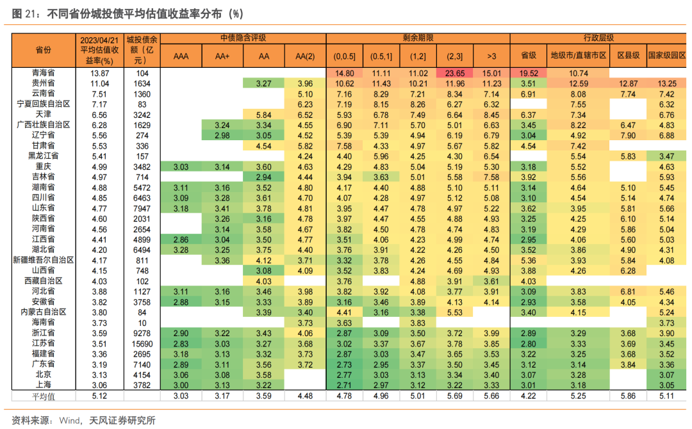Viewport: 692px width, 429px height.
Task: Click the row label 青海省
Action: (x=44, y=74)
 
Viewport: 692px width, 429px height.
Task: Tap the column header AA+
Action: (x=222, y=56)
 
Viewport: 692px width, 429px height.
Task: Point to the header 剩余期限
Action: (x=416, y=38)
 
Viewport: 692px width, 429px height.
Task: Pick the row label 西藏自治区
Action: (x=44, y=281)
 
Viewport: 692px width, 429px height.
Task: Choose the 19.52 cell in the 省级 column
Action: (x=528, y=74)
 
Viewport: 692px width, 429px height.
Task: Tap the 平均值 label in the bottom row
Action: (x=44, y=396)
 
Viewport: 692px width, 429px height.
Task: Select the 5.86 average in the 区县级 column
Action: (x=628, y=396)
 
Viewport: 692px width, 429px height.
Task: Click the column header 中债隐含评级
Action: (x=243, y=38)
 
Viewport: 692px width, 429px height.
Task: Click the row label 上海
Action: (x=44, y=385)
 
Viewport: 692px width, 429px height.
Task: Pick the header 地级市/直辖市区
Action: (x=579, y=56)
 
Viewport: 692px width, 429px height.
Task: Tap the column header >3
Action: (x=491, y=56)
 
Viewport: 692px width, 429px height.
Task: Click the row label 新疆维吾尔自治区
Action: (x=44, y=260)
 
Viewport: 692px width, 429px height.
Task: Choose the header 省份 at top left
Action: (x=44, y=50)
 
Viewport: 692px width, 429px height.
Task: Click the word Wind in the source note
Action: (x=69, y=420)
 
